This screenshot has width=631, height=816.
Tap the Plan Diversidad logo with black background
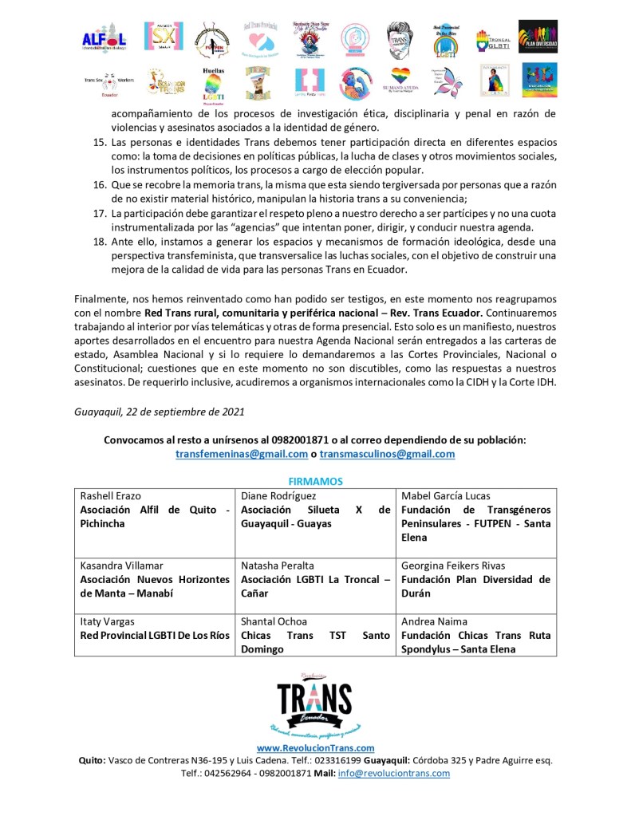[538, 37]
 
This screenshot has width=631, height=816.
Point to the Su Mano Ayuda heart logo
[400, 83]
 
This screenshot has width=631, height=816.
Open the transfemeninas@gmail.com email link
[242, 454]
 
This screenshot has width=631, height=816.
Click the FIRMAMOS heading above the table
[315, 482]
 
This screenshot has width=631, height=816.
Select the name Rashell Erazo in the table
[109, 495]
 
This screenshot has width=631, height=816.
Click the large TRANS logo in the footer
[314, 703]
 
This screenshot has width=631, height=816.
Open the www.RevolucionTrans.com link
[315, 747]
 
